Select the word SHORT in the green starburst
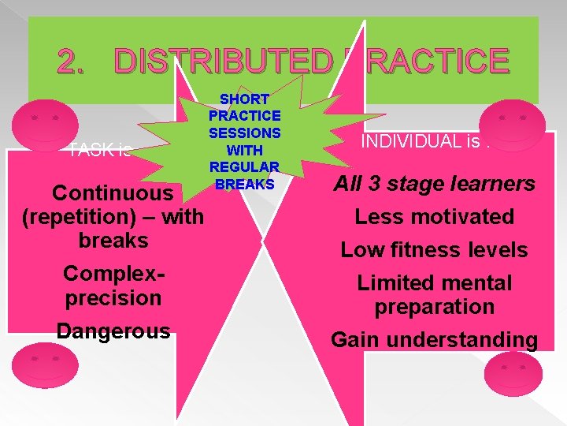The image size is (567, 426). (x=244, y=99)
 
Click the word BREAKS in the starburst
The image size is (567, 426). (x=244, y=183)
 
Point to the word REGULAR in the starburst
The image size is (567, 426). (x=244, y=166)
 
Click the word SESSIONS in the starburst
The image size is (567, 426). (x=244, y=133)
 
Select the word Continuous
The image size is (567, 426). (x=112, y=193)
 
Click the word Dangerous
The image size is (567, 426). (x=113, y=331)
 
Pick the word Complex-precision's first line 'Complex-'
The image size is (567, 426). (x=113, y=273)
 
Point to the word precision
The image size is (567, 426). (x=113, y=298)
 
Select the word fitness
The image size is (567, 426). (x=428, y=250)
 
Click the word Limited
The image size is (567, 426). (x=395, y=283)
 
